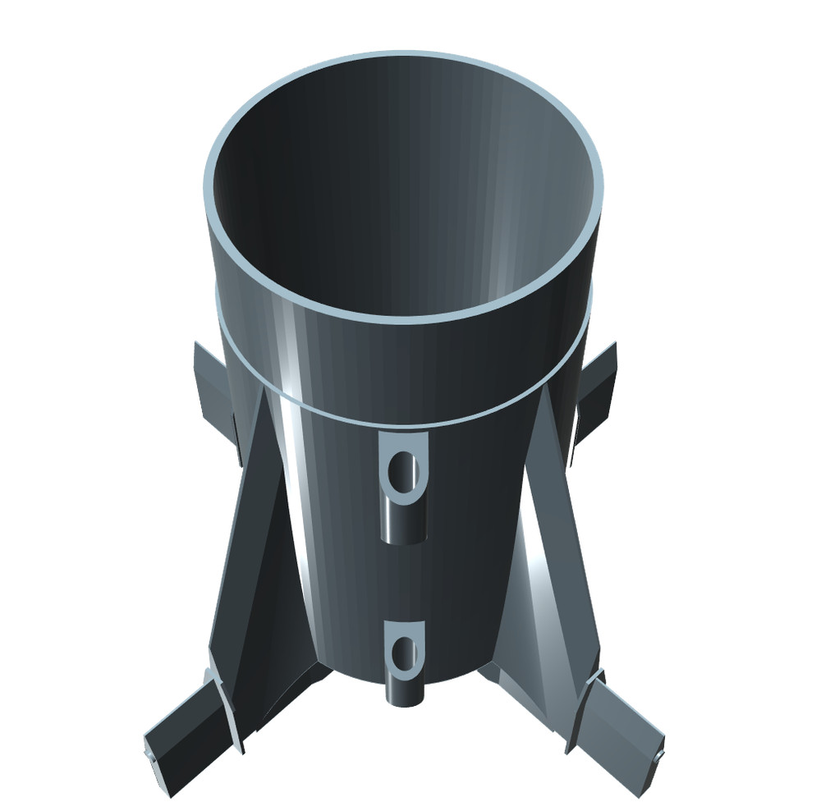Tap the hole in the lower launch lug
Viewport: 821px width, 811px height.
coord(402,653)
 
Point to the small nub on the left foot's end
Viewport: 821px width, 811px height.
coord(147,754)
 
